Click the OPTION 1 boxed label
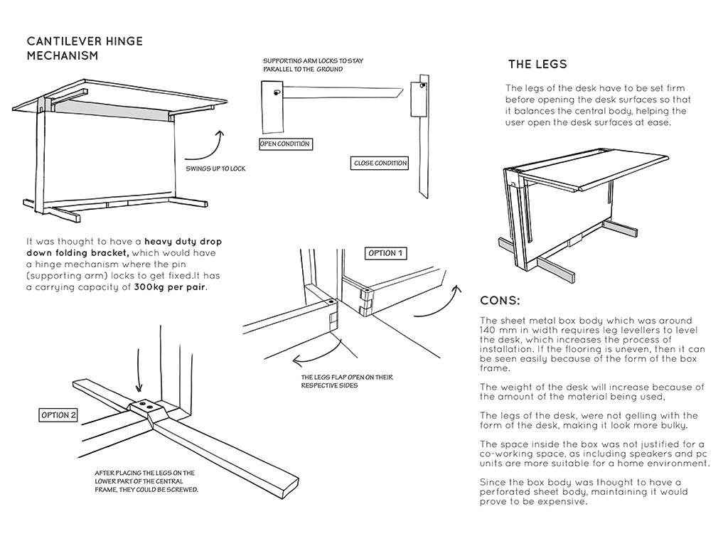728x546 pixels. [386, 253]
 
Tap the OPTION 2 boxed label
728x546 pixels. [58, 414]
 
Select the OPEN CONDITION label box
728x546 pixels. [284, 144]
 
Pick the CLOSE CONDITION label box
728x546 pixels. [380, 164]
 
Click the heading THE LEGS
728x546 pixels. [537, 65]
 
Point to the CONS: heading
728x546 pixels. [500, 300]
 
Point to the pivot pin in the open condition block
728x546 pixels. [277, 93]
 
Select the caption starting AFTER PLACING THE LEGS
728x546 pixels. [146, 481]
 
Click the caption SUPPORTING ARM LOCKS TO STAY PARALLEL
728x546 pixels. [313, 65]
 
